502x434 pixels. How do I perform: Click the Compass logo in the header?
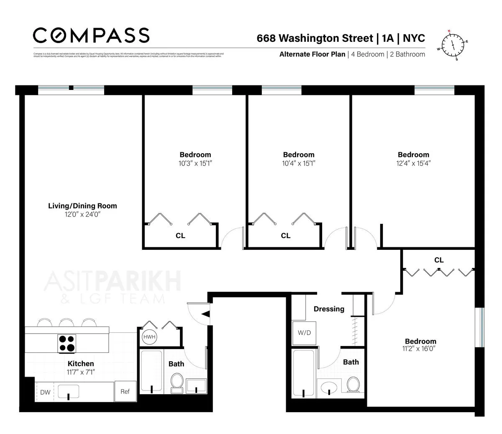[x=91, y=36]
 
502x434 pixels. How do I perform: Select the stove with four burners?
[x=67, y=343]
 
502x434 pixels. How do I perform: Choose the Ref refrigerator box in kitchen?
[x=125, y=391]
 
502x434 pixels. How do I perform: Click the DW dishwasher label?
[x=45, y=392]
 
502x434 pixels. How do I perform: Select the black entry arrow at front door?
[x=206, y=313]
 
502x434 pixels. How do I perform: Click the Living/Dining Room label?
[x=82, y=206]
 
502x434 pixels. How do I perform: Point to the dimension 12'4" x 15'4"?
[x=413, y=163]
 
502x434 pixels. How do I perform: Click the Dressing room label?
[x=329, y=309]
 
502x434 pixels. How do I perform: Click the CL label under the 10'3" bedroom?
[x=180, y=236]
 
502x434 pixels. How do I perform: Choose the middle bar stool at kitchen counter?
[x=66, y=323]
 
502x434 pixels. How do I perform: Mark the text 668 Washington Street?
[x=315, y=38]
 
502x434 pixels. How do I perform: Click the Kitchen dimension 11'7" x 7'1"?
[x=81, y=372]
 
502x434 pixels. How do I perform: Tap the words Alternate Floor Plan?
[x=312, y=54]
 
